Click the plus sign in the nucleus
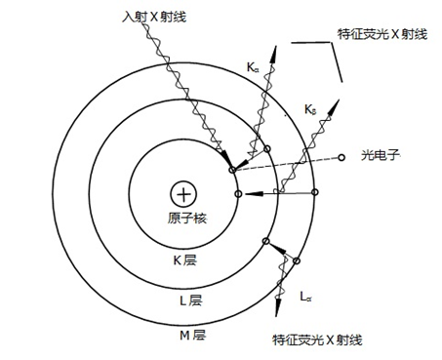tap(181, 193)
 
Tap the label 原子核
tap(182, 217)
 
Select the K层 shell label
tap(185, 260)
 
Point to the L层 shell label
tap(189, 300)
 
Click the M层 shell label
tap(192, 336)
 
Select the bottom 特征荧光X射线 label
tap(317, 340)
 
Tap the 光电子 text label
tap(376, 155)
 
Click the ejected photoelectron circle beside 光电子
tap(340, 159)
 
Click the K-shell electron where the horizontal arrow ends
tap(237, 194)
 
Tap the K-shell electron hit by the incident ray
tap(231, 171)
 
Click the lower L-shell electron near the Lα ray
tap(264, 242)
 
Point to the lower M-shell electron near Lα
tap(297, 261)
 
